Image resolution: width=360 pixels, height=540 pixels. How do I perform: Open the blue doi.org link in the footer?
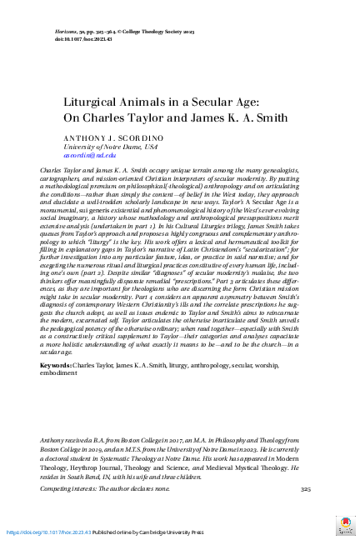point(51,532)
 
